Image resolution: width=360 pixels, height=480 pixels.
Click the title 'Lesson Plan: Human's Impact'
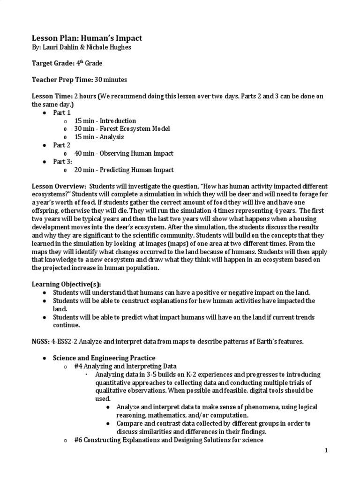(87, 38)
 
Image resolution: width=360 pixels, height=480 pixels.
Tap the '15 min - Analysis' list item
(99, 137)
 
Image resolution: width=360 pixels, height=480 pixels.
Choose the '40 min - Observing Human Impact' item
(124, 153)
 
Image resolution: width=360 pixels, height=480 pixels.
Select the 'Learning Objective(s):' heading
(66, 285)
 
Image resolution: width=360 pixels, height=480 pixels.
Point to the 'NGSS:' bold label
(41, 342)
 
